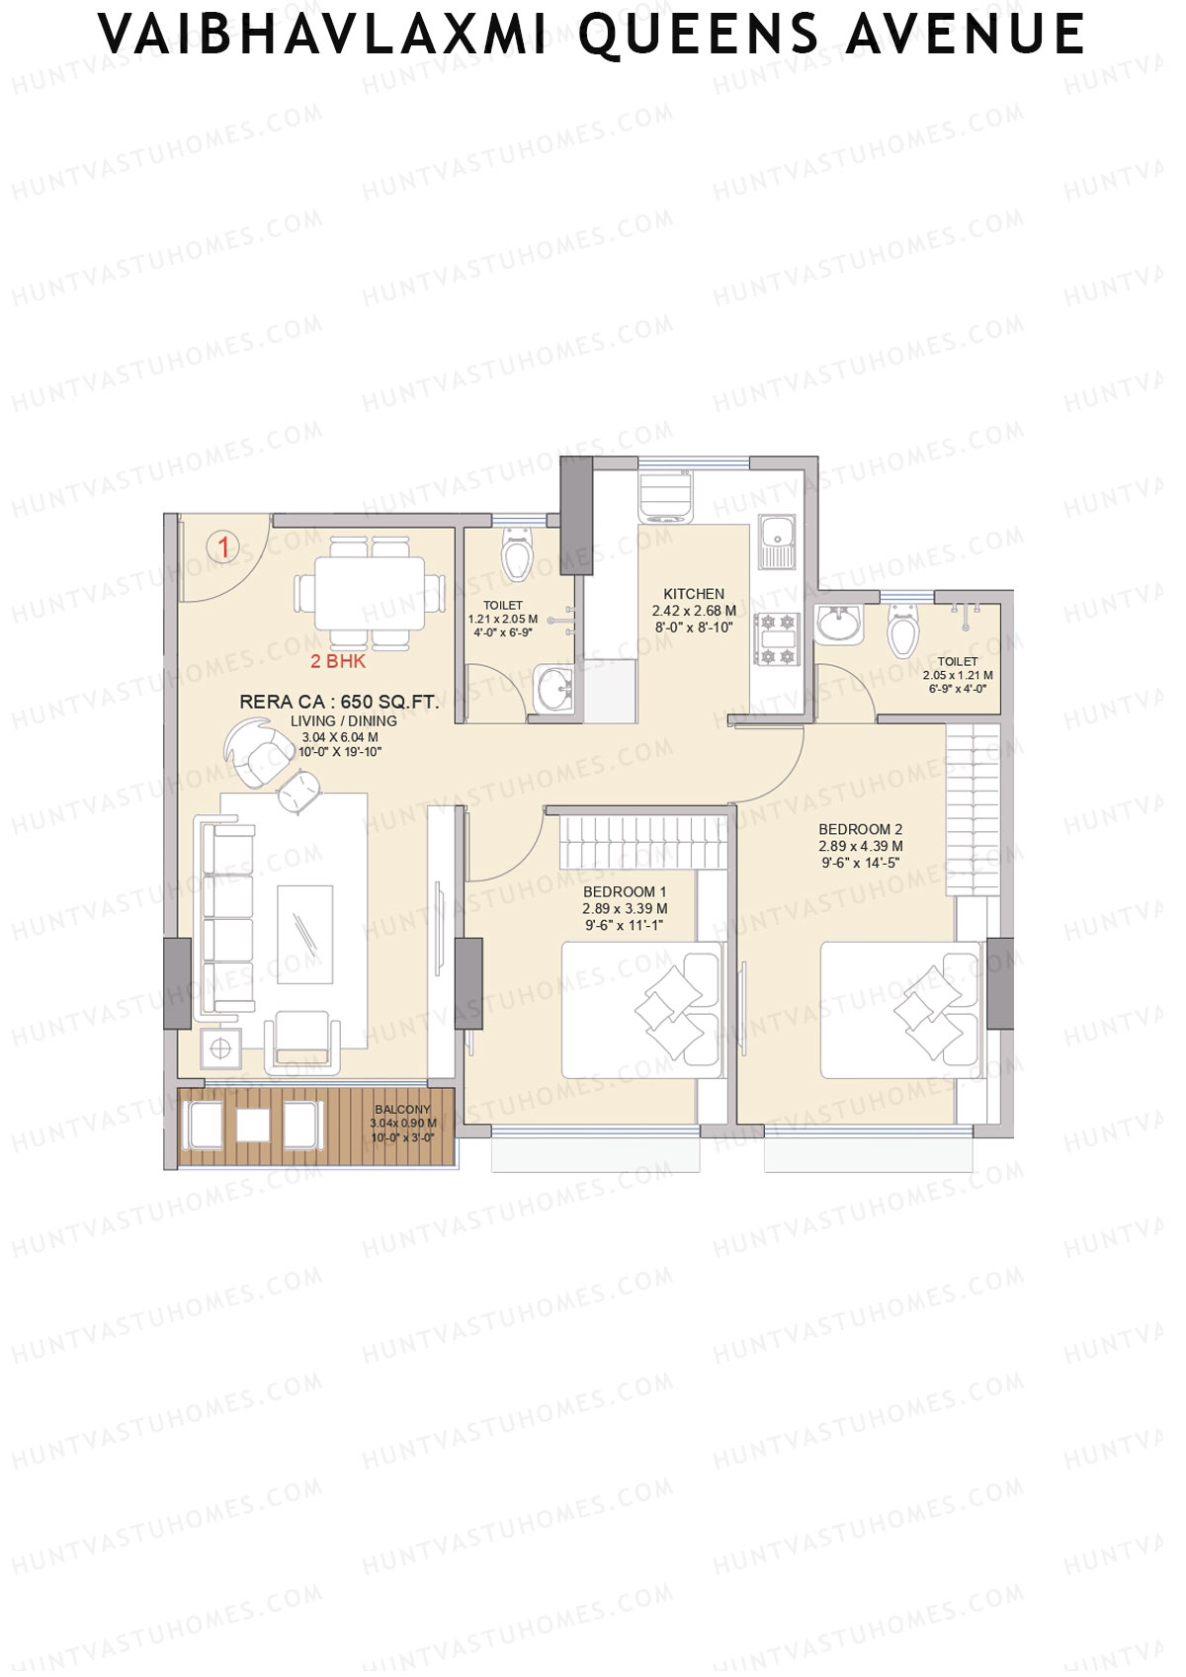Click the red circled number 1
coord(223,546)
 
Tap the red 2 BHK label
coord(338,662)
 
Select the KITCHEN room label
coord(694,594)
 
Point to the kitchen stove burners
coord(776,638)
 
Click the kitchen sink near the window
coord(776,542)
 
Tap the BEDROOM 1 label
coord(625,891)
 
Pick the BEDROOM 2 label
coord(860,829)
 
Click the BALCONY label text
coord(402,1110)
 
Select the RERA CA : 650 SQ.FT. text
coord(339,702)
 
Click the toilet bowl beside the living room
coord(517,555)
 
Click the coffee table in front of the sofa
coord(304,934)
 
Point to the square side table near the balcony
coord(220,1048)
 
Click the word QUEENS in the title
coord(699,35)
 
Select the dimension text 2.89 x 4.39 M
coord(860,846)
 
